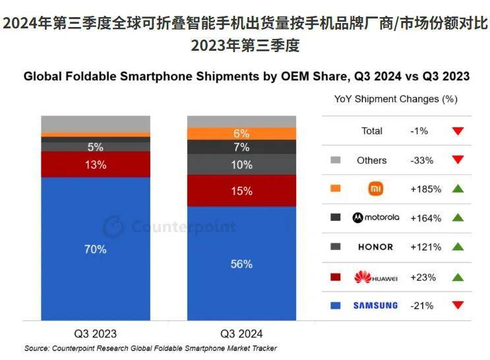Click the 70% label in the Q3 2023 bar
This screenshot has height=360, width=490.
[96, 249]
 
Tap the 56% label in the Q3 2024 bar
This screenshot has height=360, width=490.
[242, 264]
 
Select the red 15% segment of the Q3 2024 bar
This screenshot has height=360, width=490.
[242, 191]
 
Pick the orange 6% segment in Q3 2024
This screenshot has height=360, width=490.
[242, 133]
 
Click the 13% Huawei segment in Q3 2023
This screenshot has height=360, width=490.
[96, 165]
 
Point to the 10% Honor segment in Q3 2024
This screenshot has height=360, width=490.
[242, 165]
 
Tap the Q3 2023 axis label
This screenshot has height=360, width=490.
[95, 334]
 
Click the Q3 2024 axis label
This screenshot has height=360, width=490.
[242, 334]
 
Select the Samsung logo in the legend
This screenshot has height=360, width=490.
[375, 305]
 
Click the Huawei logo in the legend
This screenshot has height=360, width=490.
[375, 277]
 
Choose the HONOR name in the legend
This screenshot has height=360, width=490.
[375, 247]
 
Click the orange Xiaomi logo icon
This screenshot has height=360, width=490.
[375, 189]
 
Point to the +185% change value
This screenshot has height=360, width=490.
[425, 189]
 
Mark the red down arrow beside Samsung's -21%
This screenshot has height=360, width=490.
[458, 305]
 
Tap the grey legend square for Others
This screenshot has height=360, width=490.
[335, 160]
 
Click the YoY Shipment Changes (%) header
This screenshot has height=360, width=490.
[396, 99]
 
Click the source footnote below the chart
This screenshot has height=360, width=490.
[150, 348]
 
